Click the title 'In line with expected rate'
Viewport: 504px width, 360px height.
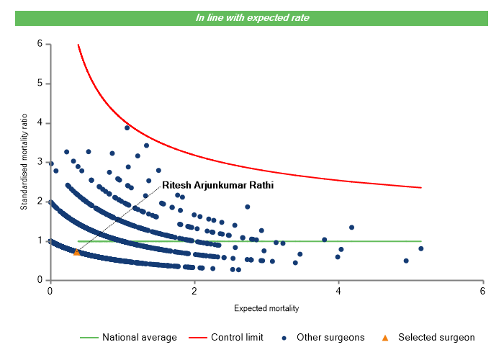pyautogui.click(x=252, y=17)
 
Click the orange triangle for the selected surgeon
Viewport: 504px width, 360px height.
pyautogui.click(x=77, y=252)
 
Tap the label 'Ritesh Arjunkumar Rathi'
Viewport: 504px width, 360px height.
pyautogui.click(x=218, y=185)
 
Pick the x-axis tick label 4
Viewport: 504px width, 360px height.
pyautogui.click(x=338, y=291)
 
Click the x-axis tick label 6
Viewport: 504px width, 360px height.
pyautogui.click(x=482, y=291)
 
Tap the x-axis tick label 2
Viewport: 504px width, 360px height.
pyautogui.click(x=194, y=291)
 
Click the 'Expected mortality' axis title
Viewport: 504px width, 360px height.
pyautogui.click(x=266, y=308)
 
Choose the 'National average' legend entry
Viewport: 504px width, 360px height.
pyautogui.click(x=139, y=337)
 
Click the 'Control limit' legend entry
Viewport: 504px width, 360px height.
pyautogui.click(x=237, y=337)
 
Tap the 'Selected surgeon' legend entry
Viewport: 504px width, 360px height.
pyautogui.click(x=436, y=337)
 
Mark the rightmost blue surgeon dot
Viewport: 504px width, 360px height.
pyautogui.click(x=420, y=248)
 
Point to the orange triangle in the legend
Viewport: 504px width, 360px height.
pyautogui.click(x=385, y=337)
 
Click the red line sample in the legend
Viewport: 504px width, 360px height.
pyautogui.click(x=197, y=337)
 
